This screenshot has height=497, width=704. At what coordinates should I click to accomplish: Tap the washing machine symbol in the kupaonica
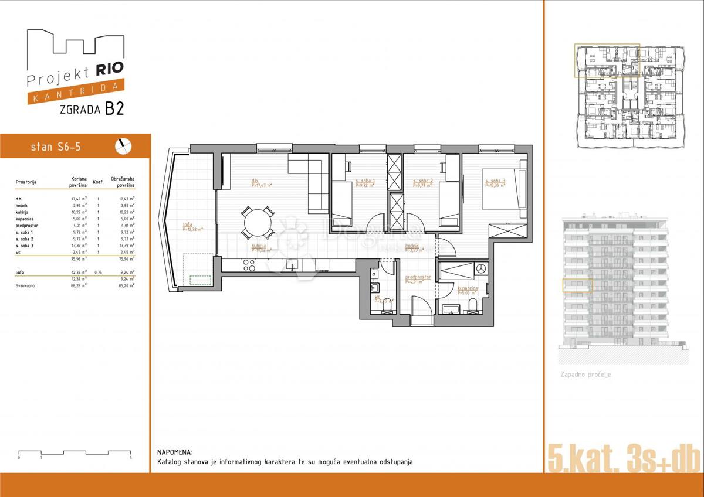pyautogui.click(x=481, y=268)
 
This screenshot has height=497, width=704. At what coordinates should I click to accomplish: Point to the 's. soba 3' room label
pyautogui.click(x=495, y=181)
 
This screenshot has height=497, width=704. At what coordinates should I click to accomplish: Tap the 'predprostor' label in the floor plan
pyautogui.click(x=418, y=277)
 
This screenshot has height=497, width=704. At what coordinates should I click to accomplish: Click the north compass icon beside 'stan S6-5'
pyautogui.click(x=124, y=146)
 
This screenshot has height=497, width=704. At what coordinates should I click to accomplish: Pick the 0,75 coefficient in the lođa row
pyautogui.click(x=99, y=273)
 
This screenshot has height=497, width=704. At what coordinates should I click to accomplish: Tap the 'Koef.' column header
pyautogui.click(x=99, y=182)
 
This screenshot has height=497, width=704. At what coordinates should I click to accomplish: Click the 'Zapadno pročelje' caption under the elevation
pyautogui.click(x=585, y=374)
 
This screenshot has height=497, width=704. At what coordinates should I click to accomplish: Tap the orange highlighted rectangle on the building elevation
pyautogui.click(x=577, y=285)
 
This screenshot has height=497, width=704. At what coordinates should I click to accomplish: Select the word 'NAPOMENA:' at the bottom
pyautogui.click(x=175, y=452)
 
